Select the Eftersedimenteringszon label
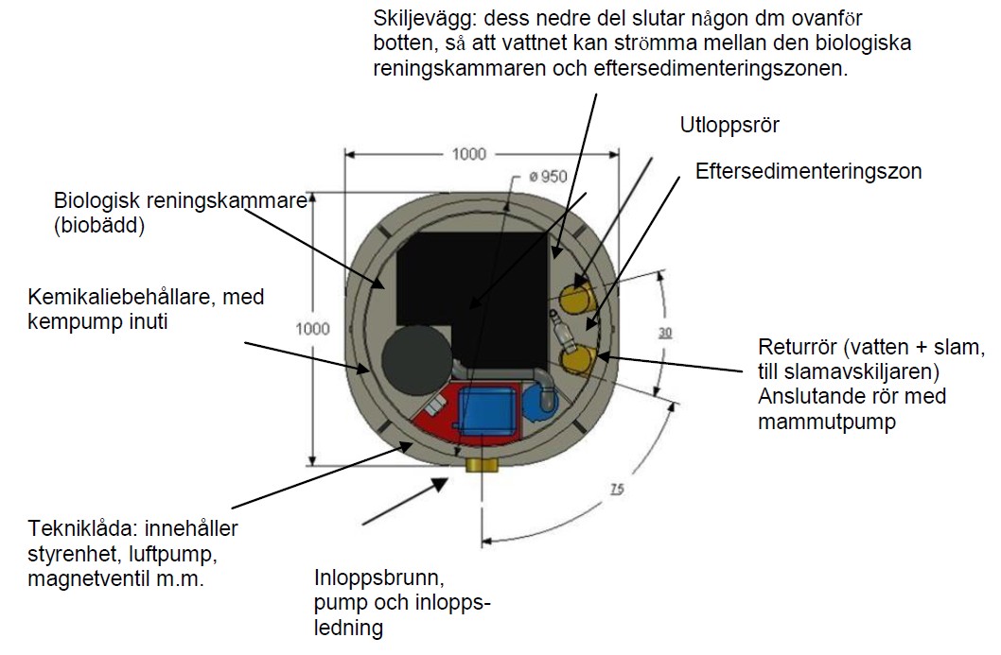pos(808,172)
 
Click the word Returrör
pos(793,346)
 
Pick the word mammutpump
pos(827,422)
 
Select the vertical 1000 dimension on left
pos(313,329)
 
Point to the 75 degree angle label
pos(616,489)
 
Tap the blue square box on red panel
pos(488,409)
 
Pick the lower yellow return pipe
pos(578,359)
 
